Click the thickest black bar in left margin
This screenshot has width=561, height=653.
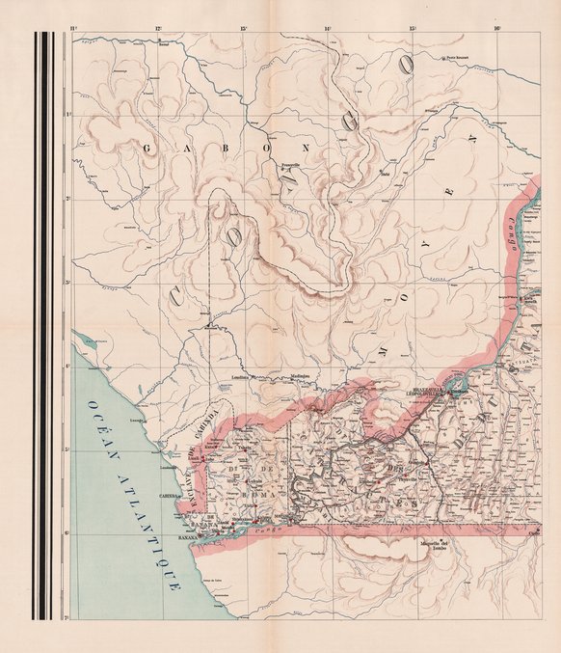pos(39,328)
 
